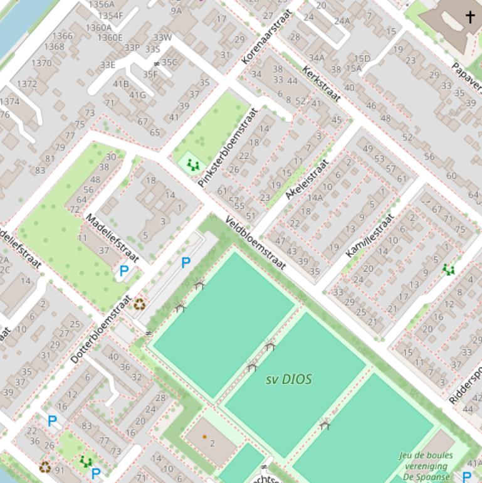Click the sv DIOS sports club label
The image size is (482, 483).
pyautogui.click(x=288, y=379)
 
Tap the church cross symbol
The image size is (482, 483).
pyautogui.click(x=470, y=17)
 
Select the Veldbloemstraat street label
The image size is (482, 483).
pyautogui.click(x=256, y=244)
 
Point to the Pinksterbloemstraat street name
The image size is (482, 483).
pyautogui.click(x=228, y=148)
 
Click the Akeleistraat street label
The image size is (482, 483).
pyautogui.click(x=307, y=179)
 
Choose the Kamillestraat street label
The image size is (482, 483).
pyautogui.click(x=370, y=235)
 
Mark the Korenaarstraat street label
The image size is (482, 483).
pyautogui.click(x=267, y=37)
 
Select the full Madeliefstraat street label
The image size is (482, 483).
pyautogui.click(x=112, y=238)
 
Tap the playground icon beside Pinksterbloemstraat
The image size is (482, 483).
pyautogui.click(x=194, y=165)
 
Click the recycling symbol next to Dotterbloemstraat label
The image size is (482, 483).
pyautogui.click(x=139, y=305)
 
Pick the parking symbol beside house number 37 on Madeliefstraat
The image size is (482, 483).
pyautogui.click(x=124, y=272)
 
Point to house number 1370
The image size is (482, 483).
pyautogui.click(x=41, y=63)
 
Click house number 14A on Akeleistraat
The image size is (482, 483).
pyautogui.click(x=315, y=198)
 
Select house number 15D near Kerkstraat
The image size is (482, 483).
pyautogui.click(x=362, y=58)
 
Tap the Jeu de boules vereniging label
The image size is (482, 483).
pyautogui.click(x=426, y=465)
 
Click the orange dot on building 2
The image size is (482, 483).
pyautogui.click(x=204, y=437)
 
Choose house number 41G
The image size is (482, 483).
pyautogui.click(x=137, y=95)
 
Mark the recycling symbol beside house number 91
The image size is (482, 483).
pyautogui.click(x=45, y=467)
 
